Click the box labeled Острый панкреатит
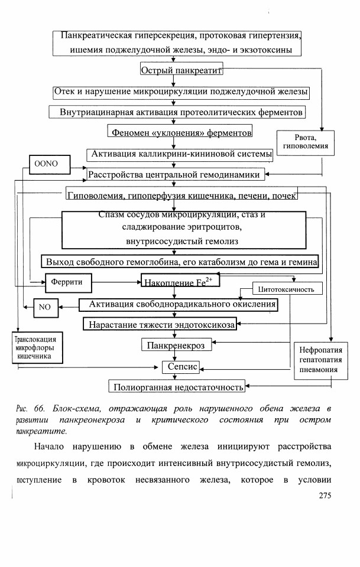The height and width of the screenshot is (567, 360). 181,69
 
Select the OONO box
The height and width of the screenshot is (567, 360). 50,165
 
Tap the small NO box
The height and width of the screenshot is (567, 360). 46,308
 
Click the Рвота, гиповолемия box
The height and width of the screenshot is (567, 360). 306,143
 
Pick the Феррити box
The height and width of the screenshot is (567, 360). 69,283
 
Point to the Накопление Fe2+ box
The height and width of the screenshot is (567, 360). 180,281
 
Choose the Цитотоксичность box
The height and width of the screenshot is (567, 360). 287,289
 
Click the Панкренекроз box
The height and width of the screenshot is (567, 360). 177,344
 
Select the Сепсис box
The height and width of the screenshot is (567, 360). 181,367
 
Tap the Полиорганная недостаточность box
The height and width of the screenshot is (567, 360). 177,386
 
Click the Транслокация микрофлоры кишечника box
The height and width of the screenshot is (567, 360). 37,347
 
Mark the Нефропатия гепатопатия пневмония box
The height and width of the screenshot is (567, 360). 320,360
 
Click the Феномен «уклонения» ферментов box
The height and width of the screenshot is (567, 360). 180,131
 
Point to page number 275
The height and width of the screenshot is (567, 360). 325,496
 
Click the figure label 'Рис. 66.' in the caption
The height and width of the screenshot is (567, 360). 31,409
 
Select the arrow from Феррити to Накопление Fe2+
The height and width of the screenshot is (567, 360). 116,282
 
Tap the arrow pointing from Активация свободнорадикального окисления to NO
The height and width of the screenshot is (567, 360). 69,307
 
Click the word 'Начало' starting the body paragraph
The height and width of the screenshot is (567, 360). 49,447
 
